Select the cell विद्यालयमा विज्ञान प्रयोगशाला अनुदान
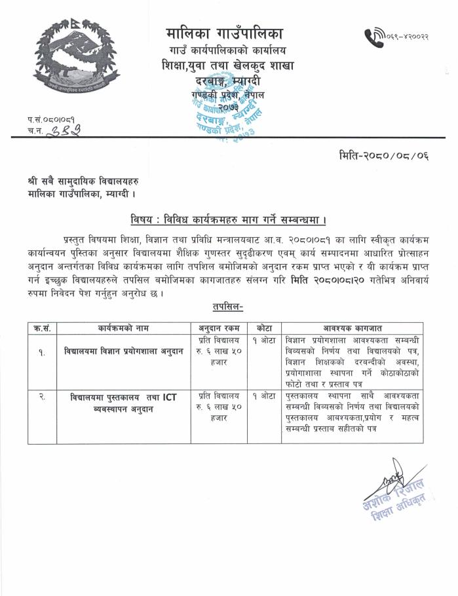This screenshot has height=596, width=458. point(123,350)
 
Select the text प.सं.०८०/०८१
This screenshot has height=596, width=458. point(50,120)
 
